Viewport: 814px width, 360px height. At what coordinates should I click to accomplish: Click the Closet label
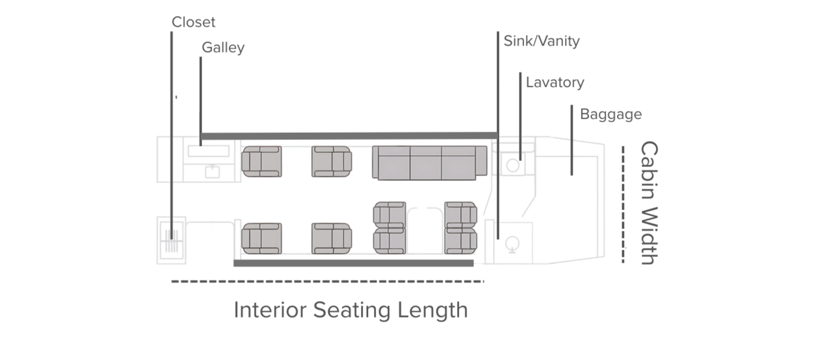(x=193, y=22)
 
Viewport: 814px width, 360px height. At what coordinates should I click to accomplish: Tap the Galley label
(x=223, y=48)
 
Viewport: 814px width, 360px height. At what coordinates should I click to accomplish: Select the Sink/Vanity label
(x=541, y=41)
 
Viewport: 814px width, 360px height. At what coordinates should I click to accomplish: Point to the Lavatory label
(x=555, y=83)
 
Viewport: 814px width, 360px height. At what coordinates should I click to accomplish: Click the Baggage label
(x=610, y=114)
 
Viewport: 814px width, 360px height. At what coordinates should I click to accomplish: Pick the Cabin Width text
(x=648, y=203)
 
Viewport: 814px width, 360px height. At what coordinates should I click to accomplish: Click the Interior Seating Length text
(x=350, y=310)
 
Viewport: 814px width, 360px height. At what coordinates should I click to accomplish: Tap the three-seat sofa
(x=429, y=162)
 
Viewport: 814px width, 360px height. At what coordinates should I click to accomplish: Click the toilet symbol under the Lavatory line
(x=513, y=165)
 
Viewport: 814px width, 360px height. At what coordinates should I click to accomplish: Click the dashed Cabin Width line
(x=623, y=204)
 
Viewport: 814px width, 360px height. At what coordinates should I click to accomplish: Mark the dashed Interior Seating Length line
(x=327, y=282)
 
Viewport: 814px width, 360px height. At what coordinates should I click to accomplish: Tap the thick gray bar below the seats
(x=353, y=263)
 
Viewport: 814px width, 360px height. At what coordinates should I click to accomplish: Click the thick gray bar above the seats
(x=349, y=136)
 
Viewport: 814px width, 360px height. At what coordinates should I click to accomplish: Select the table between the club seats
(x=425, y=228)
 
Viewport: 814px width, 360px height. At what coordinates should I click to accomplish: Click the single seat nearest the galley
(x=261, y=161)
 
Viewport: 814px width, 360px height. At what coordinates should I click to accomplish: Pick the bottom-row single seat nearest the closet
(x=261, y=238)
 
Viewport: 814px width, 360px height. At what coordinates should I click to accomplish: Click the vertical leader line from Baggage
(x=572, y=140)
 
